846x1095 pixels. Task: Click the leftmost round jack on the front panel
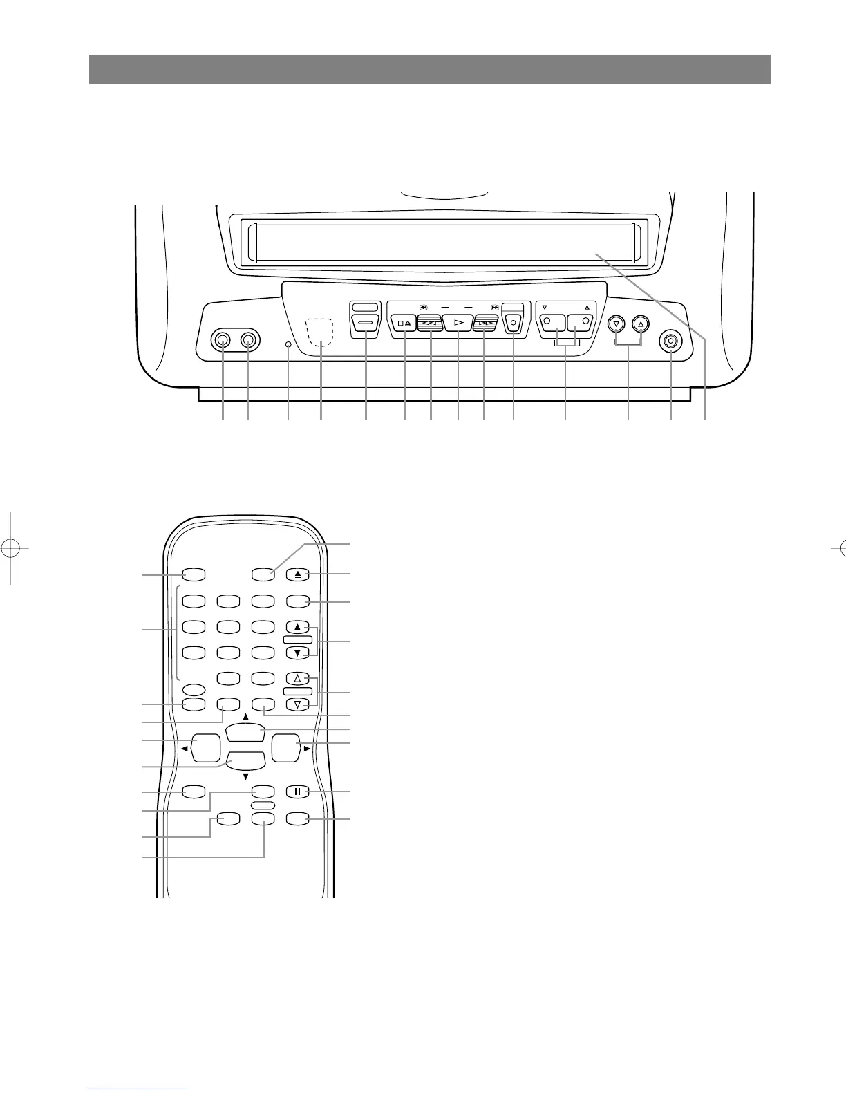pos(223,340)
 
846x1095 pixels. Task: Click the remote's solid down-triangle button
pos(297,653)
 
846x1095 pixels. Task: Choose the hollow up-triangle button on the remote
pos(297,679)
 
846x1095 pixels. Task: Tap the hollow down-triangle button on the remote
pos(297,705)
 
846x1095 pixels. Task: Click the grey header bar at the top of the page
pos(429,69)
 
